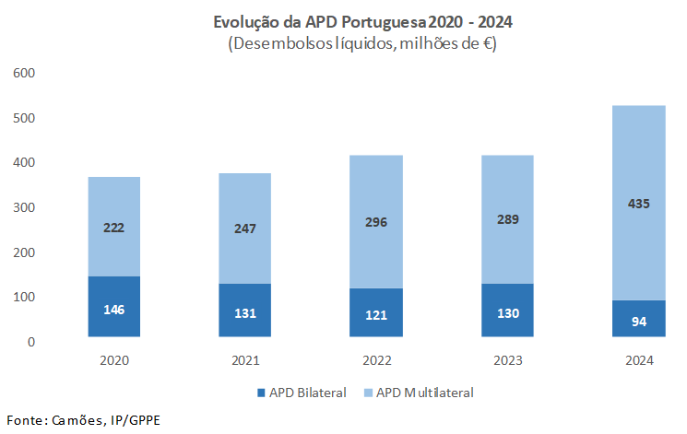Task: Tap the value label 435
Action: pos(638,204)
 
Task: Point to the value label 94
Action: pos(638,321)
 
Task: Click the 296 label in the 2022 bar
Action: pos(376,222)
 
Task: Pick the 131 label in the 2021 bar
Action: pos(245,312)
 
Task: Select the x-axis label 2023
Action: pos(507,360)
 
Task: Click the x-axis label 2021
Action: pos(245,360)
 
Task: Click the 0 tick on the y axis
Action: pos(30,342)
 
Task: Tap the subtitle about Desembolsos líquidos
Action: pos(354,43)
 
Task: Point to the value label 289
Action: pos(507,219)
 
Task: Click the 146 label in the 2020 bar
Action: pos(114,309)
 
